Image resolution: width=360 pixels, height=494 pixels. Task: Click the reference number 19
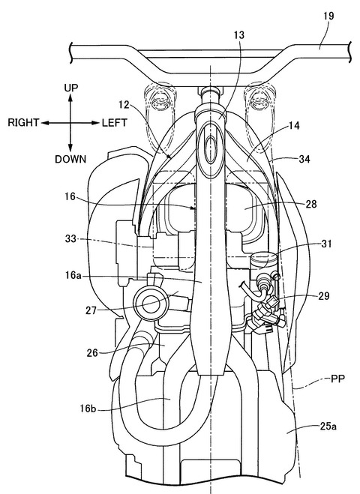(328, 16)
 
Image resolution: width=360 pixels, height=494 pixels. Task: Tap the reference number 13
(239, 35)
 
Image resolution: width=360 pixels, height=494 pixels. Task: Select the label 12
(124, 105)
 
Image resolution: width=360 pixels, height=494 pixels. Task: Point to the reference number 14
(294, 126)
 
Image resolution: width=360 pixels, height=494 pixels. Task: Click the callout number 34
(304, 159)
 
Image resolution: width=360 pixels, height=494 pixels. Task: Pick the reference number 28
(310, 204)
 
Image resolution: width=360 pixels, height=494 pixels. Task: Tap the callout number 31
(326, 244)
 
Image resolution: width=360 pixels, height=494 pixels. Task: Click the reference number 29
(324, 296)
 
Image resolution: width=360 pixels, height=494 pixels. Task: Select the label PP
(337, 379)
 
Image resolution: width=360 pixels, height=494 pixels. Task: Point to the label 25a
(328, 427)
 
